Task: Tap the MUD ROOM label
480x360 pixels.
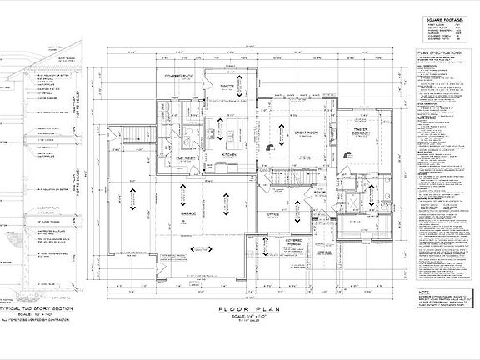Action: coord(185,157)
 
